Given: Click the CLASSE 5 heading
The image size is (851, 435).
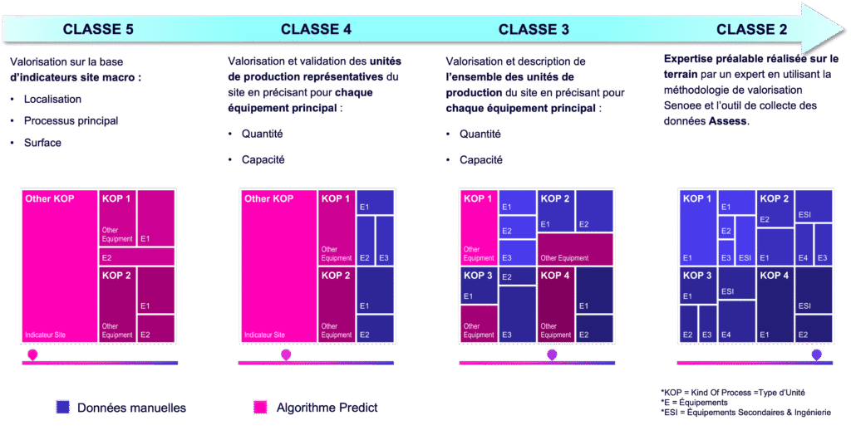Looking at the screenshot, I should [x=98, y=30].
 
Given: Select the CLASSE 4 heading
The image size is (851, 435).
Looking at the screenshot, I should [x=316, y=30].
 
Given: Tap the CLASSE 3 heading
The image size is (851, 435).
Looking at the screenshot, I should [x=534, y=30].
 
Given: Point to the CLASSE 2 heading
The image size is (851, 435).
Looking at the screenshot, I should [x=751, y=30].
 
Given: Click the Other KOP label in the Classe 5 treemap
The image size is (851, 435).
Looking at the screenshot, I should [x=50, y=199].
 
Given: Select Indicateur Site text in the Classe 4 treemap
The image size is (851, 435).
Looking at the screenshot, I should [x=264, y=335].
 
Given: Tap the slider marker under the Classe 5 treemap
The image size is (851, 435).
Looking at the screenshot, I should [x=32, y=355].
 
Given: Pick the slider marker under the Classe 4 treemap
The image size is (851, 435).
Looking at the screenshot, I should [x=286, y=355].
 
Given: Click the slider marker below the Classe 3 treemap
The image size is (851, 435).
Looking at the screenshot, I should [x=552, y=355].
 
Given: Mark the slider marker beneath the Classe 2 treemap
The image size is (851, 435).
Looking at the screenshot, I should [x=817, y=355].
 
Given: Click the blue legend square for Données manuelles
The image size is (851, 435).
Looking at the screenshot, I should [x=63, y=407].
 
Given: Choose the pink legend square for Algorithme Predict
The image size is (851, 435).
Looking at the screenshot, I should [x=260, y=407].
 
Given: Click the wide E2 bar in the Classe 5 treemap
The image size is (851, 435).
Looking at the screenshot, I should [x=136, y=257].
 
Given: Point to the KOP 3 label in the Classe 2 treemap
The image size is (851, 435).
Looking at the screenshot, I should [x=696, y=276].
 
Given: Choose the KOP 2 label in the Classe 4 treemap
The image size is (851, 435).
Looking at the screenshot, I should [x=337, y=276].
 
